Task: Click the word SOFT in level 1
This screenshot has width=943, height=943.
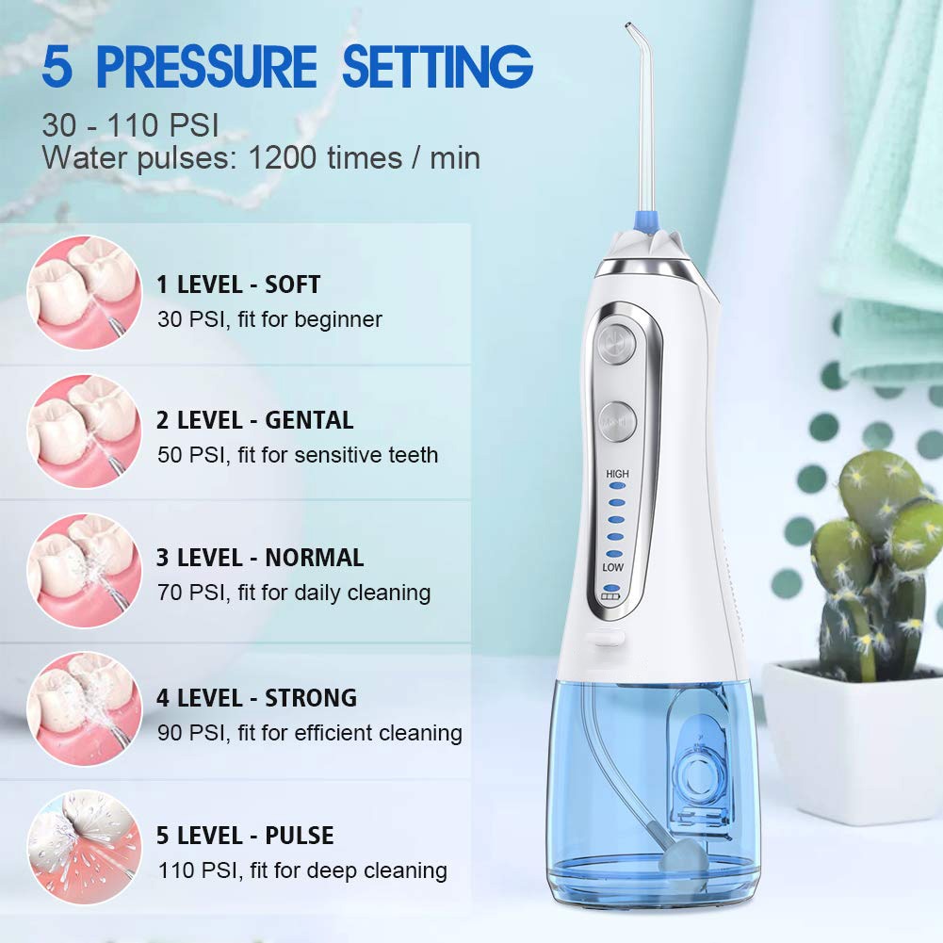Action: point(292,284)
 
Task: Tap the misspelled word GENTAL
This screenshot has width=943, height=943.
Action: point(309,420)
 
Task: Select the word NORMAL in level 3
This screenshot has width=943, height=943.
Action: point(314,558)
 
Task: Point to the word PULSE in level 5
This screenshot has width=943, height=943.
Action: point(299,836)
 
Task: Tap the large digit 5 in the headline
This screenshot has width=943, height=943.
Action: point(58,69)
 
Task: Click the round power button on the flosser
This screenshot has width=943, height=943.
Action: point(617,340)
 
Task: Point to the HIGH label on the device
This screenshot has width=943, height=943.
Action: point(617,474)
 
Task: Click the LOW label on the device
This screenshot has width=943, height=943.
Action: point(614,568)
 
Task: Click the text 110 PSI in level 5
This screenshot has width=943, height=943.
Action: point(190,870)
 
